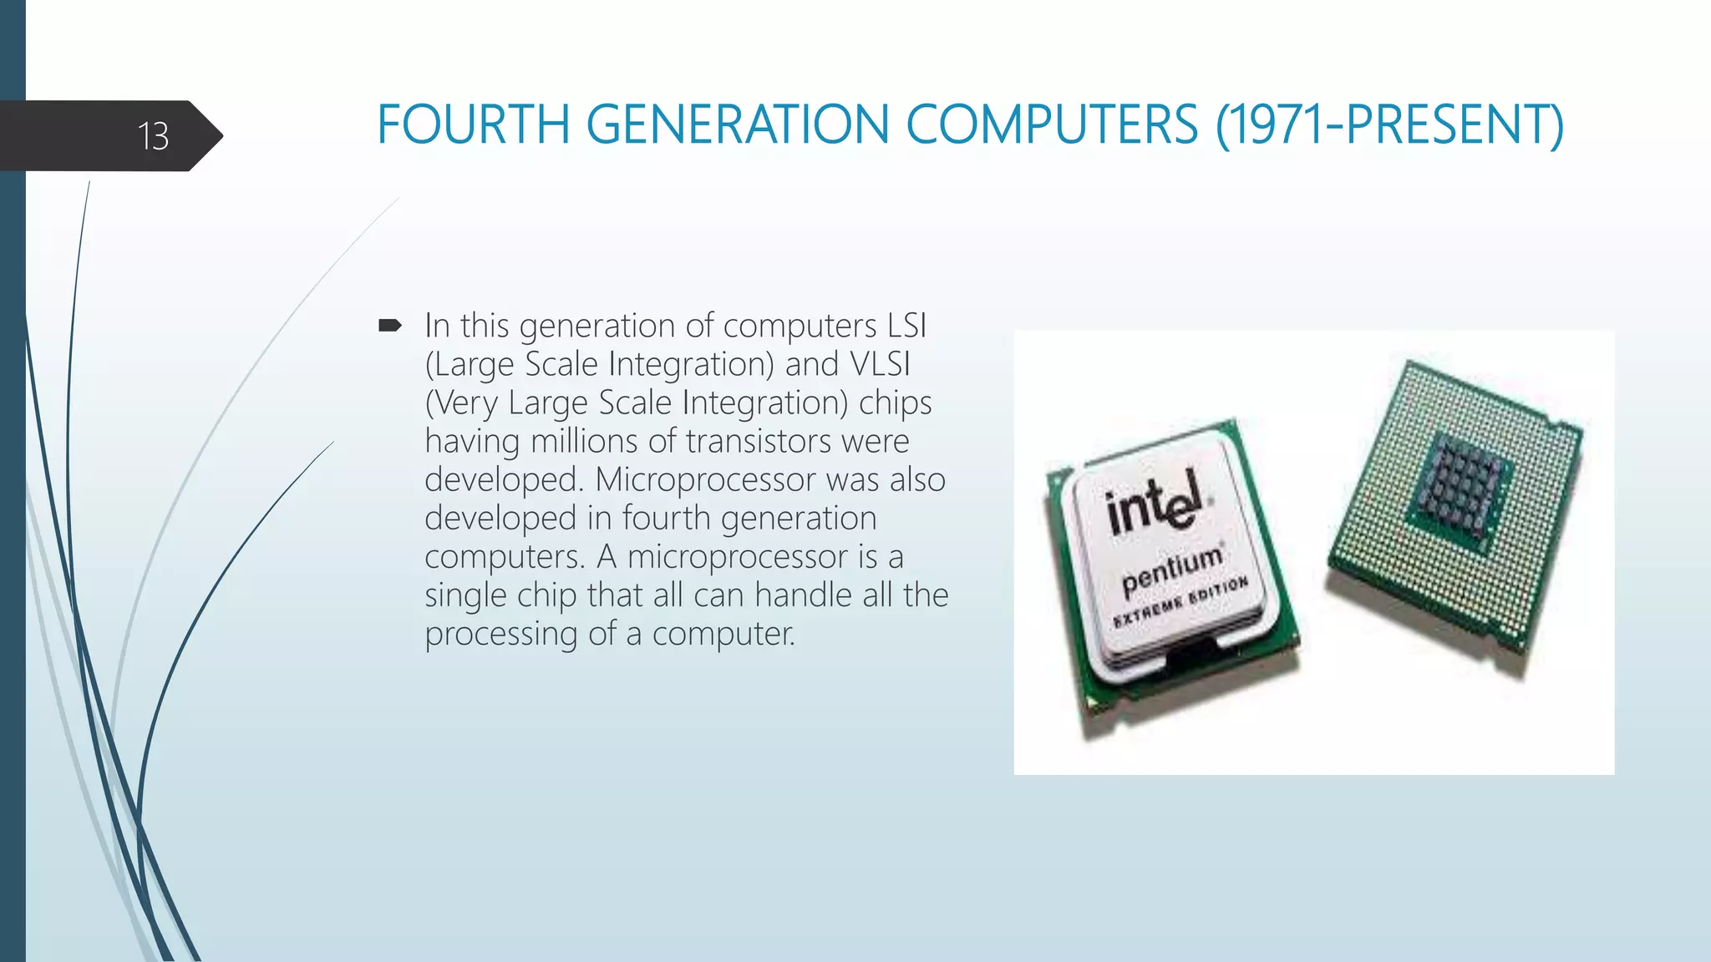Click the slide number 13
pos(153,136)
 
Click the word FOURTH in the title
pos(473,125)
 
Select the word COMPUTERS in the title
pos(1052,125)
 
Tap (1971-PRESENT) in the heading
pos(1389,125)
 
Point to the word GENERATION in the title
pos(737,125)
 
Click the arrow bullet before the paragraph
pos(390,325)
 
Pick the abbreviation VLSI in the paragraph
pos(879,364)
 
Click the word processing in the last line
pos(500,634)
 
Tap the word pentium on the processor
pos(1171,570)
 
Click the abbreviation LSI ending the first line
pos(906,326)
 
